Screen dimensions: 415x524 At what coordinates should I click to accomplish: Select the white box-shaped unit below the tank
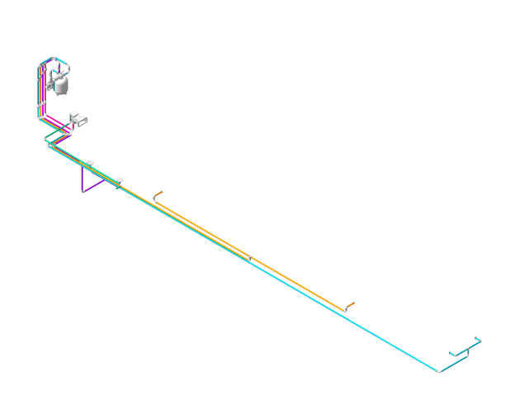(x=79, y=119)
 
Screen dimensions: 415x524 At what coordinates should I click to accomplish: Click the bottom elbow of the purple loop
(x=83, y=191)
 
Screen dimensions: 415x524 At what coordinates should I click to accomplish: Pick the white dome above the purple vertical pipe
(x=90, y=162)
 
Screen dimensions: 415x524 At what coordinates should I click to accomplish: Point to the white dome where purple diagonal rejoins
(x=119, y=179)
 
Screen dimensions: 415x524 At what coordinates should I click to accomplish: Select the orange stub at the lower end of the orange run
(x=352, y=303)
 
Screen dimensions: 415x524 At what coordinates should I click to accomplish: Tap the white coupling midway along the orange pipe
(x=248, y=257)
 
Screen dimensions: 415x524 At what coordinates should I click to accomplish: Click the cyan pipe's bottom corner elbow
(x=439, y=371)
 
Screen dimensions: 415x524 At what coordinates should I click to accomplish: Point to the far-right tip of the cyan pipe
(x=479, y=338)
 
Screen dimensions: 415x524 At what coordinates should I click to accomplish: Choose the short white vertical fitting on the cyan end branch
(x=467, y=351)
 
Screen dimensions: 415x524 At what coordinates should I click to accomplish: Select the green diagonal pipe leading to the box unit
(x=63, y=130)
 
